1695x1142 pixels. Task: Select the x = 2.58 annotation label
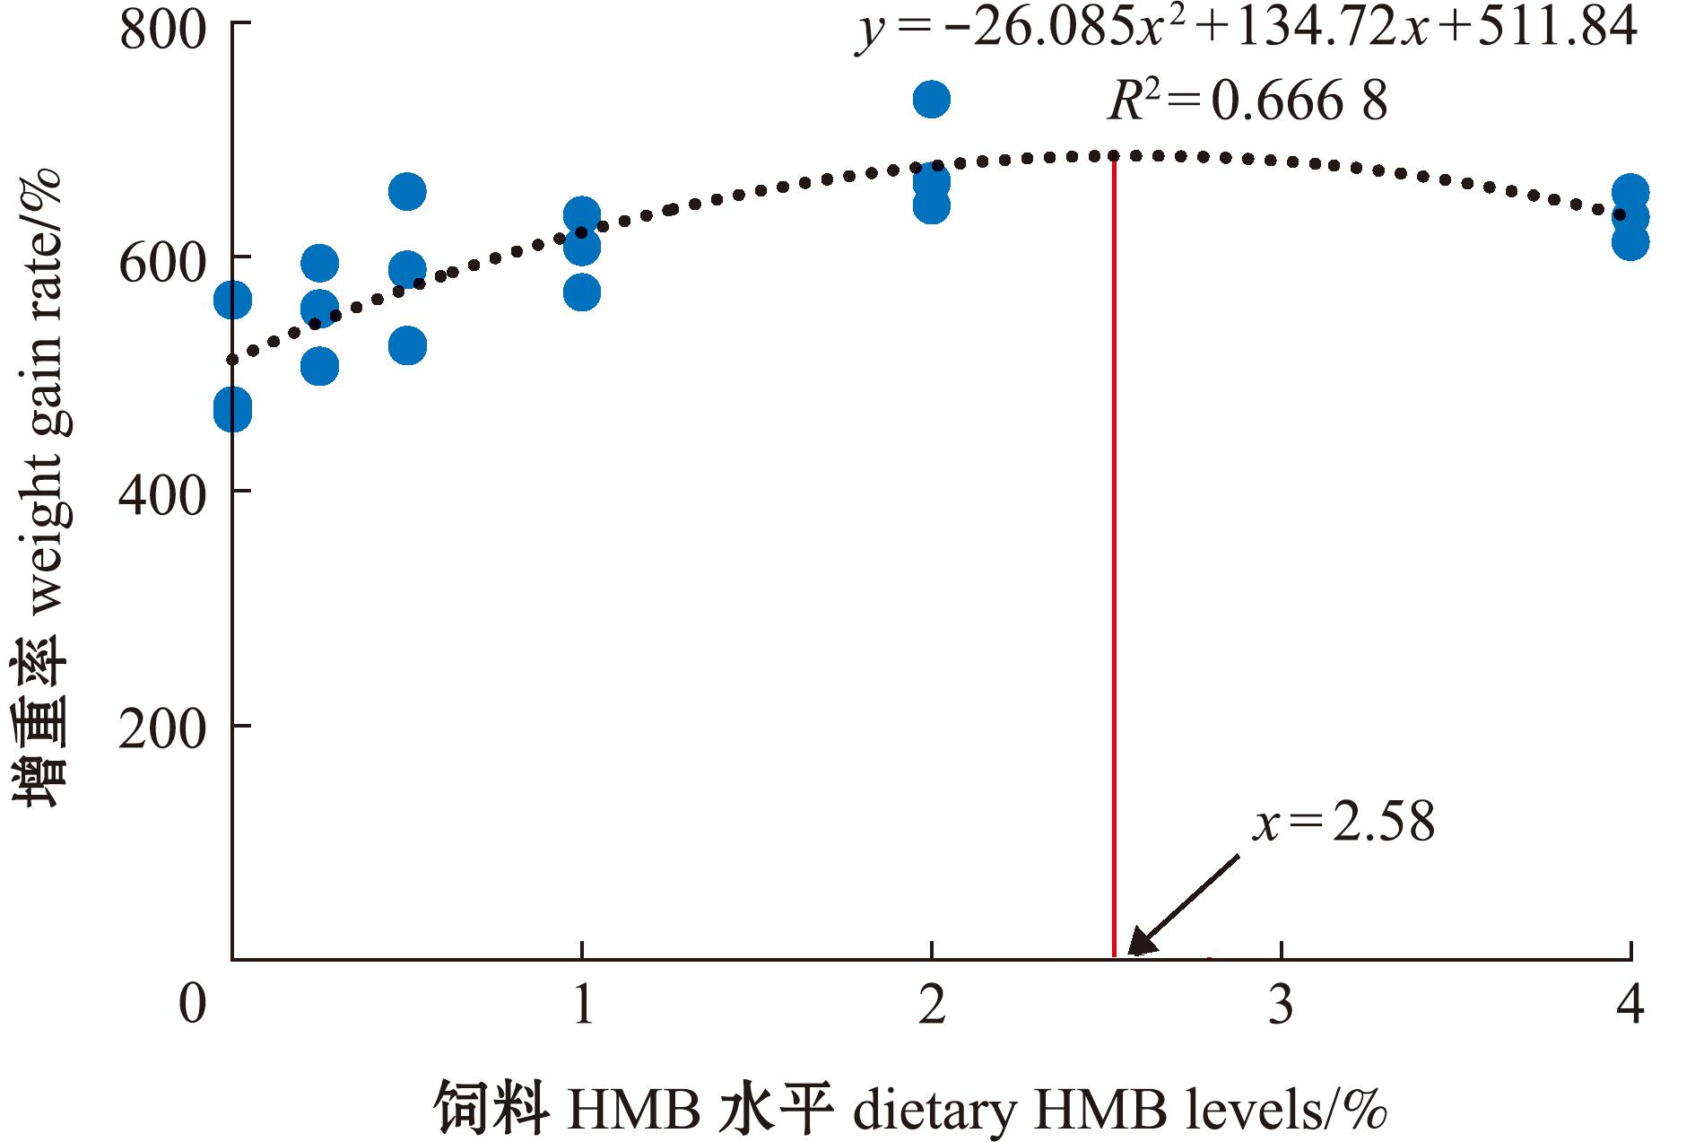click(1343, 821)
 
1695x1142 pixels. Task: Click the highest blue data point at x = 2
click(932, 99)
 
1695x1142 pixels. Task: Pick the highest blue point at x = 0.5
click(407, 191)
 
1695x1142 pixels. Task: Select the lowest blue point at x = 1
click(582, 292)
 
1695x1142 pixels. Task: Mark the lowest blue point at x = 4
click(1630, 241)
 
